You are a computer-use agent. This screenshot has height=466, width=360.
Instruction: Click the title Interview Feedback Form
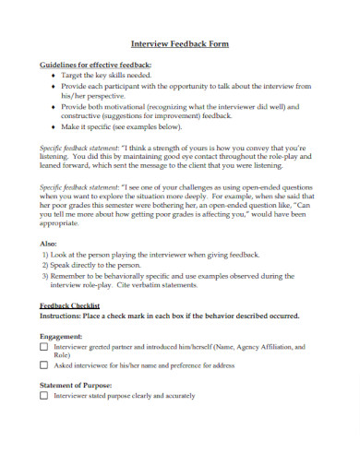click(180, 43)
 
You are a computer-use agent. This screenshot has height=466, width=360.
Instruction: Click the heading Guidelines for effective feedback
click(96, 66)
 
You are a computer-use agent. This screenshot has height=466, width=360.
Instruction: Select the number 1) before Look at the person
click(47, 254)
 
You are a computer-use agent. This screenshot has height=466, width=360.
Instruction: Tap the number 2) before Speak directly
click(47, 265)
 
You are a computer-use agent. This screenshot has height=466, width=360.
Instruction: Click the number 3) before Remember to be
click(47, 276)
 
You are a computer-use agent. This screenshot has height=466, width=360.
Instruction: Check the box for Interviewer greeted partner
click(44, 348)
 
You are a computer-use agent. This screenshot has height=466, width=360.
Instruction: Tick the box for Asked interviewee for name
click(44, 366)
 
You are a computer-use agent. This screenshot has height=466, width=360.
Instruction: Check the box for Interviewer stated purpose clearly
click(44, 395)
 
